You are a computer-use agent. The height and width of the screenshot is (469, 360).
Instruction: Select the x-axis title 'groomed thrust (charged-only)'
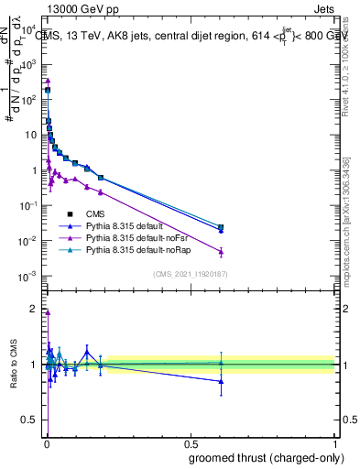point(267,458)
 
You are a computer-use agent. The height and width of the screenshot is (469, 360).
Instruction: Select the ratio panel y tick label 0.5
point(34,421)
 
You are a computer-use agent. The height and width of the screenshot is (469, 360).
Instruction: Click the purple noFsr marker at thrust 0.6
point(221,251)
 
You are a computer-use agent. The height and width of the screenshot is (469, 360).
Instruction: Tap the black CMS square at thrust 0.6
point(221,226)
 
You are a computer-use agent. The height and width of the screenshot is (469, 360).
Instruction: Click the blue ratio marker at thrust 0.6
point(221,381)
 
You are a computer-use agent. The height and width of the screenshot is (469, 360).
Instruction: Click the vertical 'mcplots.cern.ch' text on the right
point(352,229)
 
